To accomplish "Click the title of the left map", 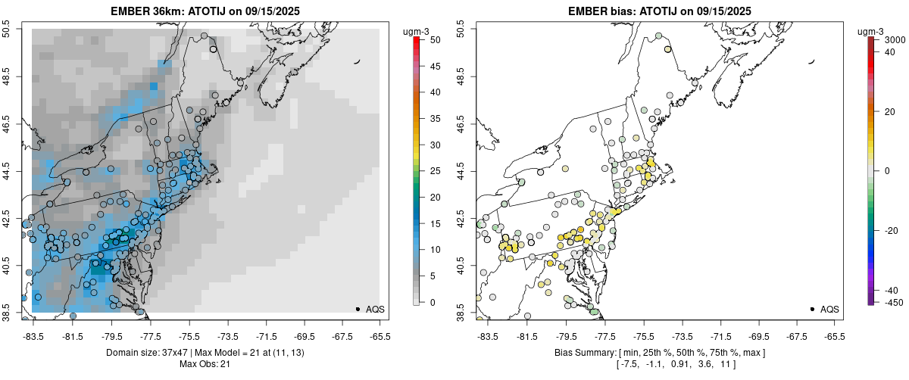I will (205, 11).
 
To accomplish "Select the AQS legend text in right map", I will (829, 310).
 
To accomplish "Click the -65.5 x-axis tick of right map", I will (834, 336).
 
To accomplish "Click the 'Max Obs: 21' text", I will (205, 364).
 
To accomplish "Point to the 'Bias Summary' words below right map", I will (584, 353).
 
